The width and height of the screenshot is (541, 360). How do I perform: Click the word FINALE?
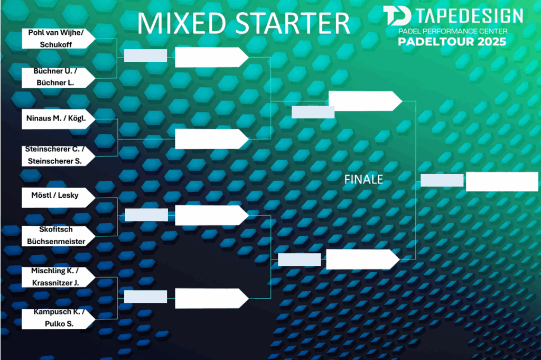(363, 180)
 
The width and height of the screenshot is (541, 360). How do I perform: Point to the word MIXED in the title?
(182, 23)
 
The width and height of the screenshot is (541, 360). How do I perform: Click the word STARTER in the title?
(293, 23)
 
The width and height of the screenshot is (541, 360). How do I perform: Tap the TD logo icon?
(397, 15)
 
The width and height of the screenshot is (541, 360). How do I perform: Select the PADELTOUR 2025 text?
(452, 42)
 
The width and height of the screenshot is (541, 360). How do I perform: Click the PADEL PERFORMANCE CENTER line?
(453, 31)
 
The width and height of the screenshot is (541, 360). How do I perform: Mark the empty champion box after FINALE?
(502, 181)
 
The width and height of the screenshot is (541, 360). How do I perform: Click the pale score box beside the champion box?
(442, 180)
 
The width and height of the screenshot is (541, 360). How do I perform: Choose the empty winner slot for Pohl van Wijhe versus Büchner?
(212, 57)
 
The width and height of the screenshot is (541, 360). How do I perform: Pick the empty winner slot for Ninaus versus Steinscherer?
(212, 139)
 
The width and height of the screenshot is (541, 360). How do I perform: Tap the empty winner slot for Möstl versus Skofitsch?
(212, 215)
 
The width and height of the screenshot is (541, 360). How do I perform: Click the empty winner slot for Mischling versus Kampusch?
(212, 298)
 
